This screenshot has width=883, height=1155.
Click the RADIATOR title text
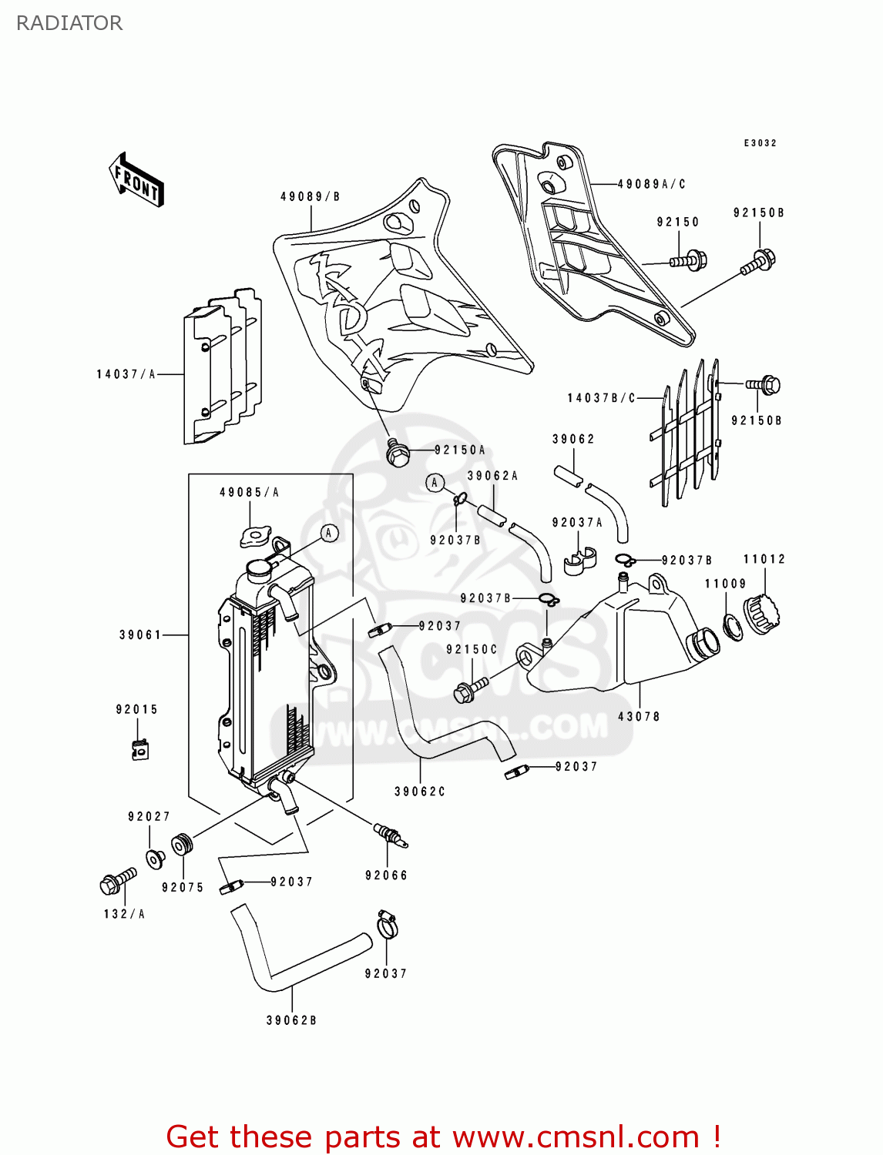click(x=69, y=23)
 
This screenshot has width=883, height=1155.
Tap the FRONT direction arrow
click(x=137, y=180)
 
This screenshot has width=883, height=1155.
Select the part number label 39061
click(x=140, y=635)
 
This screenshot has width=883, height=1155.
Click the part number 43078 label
click(x=639, y=716)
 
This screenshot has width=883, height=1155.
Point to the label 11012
click(x=764, y=559)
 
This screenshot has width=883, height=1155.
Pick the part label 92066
click(x=386, y=875)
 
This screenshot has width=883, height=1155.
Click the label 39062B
click(x=291, y=1020)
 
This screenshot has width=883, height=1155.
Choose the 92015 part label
click(x=137, y=709)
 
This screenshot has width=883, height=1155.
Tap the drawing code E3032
click(x=760, y=143)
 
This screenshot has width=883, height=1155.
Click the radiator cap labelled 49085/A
click(x=256, y=536)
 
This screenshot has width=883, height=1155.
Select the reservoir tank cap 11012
click(x=762, y=615)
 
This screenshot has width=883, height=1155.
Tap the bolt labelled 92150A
click(x=398, y=454)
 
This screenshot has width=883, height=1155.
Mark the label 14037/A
click(x=126, y=374)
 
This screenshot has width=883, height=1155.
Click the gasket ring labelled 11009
click(x=734, y=626)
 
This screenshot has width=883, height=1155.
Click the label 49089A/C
click(x=652, y=184)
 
